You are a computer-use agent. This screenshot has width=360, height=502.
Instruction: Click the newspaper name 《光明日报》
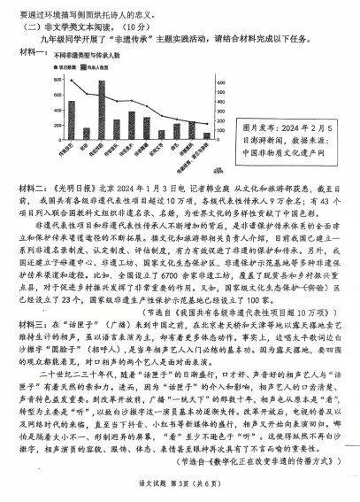(x=78, y=189)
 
